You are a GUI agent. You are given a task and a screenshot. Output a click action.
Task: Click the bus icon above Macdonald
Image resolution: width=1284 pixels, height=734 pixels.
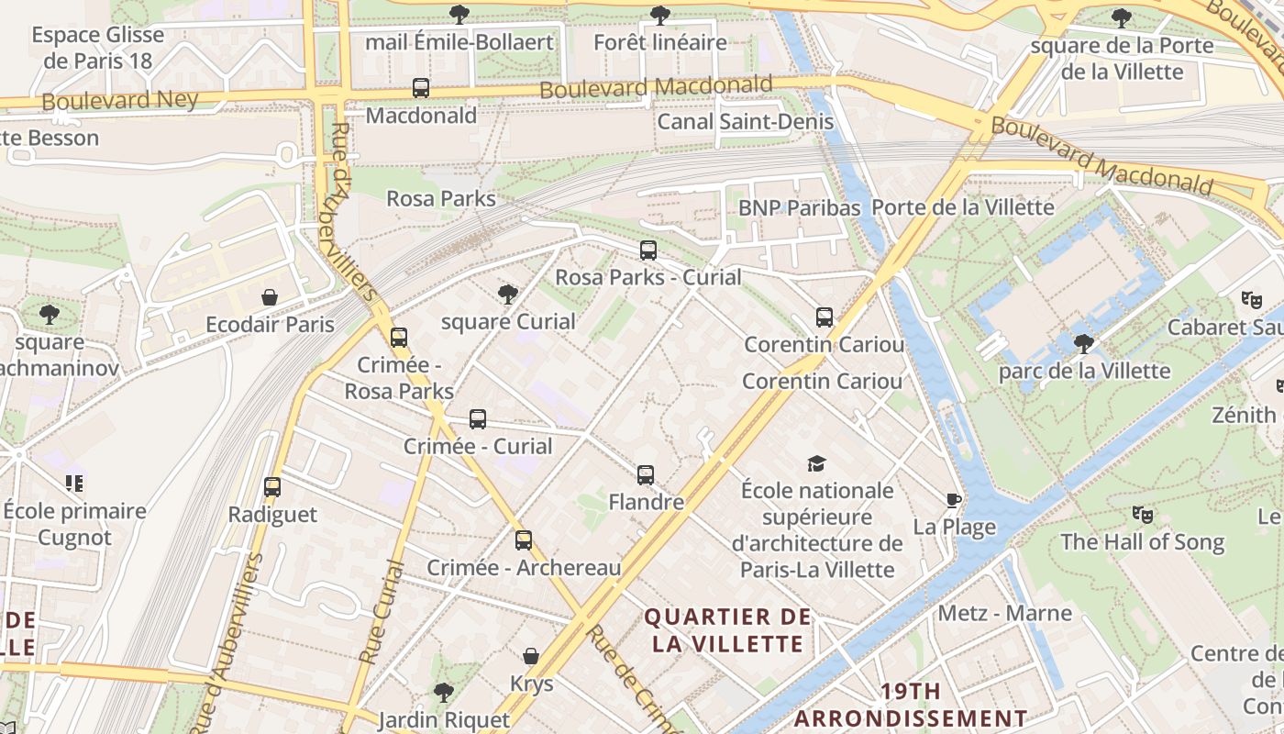coord(421,88)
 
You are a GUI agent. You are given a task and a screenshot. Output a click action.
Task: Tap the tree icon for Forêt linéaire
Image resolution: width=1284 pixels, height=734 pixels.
coord(659,15)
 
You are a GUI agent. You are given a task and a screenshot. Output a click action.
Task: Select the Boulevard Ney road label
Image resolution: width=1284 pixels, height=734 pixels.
coord(120,100)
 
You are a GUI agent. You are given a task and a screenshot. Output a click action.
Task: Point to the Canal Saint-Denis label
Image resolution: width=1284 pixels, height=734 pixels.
coord(746,122)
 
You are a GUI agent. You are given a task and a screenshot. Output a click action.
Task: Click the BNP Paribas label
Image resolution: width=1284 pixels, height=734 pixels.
coord(800,208)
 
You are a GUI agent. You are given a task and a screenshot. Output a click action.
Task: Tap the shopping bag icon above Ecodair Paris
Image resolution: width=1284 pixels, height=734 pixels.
coord(270,297)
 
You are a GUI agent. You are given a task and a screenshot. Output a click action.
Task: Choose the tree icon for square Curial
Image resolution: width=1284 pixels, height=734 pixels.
coord(507,294)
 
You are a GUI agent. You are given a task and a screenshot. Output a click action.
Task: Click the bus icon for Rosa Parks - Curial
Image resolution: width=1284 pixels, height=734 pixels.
coord(648,250)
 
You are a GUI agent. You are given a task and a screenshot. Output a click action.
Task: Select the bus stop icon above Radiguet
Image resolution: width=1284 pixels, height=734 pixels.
coord(272,487)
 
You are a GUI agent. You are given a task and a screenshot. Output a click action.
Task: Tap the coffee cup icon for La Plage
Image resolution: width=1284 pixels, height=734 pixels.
coord(954,500)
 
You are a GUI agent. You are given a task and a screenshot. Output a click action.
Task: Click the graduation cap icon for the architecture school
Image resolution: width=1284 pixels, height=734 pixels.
coord(816,463)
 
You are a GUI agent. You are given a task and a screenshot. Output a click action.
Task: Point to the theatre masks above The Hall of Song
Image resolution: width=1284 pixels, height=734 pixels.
coord(1142,514)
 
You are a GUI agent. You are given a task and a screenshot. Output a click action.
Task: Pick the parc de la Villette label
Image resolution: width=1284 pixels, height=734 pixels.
coord(1084,371)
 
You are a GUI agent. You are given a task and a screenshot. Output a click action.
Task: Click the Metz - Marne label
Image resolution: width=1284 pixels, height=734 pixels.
coord(1004,613)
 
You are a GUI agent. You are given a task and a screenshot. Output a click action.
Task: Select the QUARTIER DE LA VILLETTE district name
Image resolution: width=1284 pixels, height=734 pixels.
coord(728,629)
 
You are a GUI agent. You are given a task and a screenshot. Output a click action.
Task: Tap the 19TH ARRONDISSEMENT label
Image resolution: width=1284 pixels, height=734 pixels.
coord(910,704)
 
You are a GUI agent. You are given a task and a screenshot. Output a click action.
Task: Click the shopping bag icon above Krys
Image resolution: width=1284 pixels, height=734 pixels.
coord(531,656)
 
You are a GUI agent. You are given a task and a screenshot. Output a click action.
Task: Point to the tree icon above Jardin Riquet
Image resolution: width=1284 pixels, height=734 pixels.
coord(444,692)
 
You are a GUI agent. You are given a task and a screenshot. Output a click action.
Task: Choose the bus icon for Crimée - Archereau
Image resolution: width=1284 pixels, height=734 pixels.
coord(524,540)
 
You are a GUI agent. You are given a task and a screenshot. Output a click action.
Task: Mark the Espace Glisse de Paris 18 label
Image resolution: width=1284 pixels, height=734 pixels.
coord(97,48)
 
